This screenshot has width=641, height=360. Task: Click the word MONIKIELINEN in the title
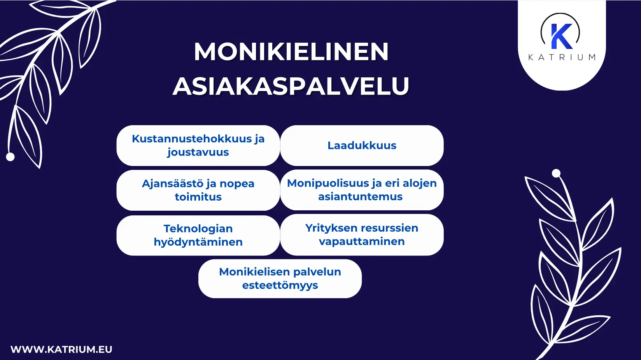coord(291,52)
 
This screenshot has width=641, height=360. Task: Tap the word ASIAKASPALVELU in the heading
coord(291,86)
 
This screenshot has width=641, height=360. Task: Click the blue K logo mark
coord(562,36)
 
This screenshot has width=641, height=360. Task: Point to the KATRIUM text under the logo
coord(562,58)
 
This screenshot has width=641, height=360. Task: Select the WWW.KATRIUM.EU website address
coord(61,350)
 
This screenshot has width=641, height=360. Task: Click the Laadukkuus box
coord(362,145)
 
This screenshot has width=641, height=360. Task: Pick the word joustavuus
coord(198,152)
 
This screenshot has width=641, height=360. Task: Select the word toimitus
coord(198,197)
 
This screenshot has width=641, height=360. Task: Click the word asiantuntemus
coord(360,197)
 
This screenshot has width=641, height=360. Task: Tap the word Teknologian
coord(198,229)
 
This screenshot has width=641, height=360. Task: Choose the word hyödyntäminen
coord(198,242)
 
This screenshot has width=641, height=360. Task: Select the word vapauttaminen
coord(362,241)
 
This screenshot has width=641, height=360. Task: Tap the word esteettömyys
coord(280,285)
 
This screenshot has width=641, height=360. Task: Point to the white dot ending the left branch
coord(11,157)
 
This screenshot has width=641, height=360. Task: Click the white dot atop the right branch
coord(556,173)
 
